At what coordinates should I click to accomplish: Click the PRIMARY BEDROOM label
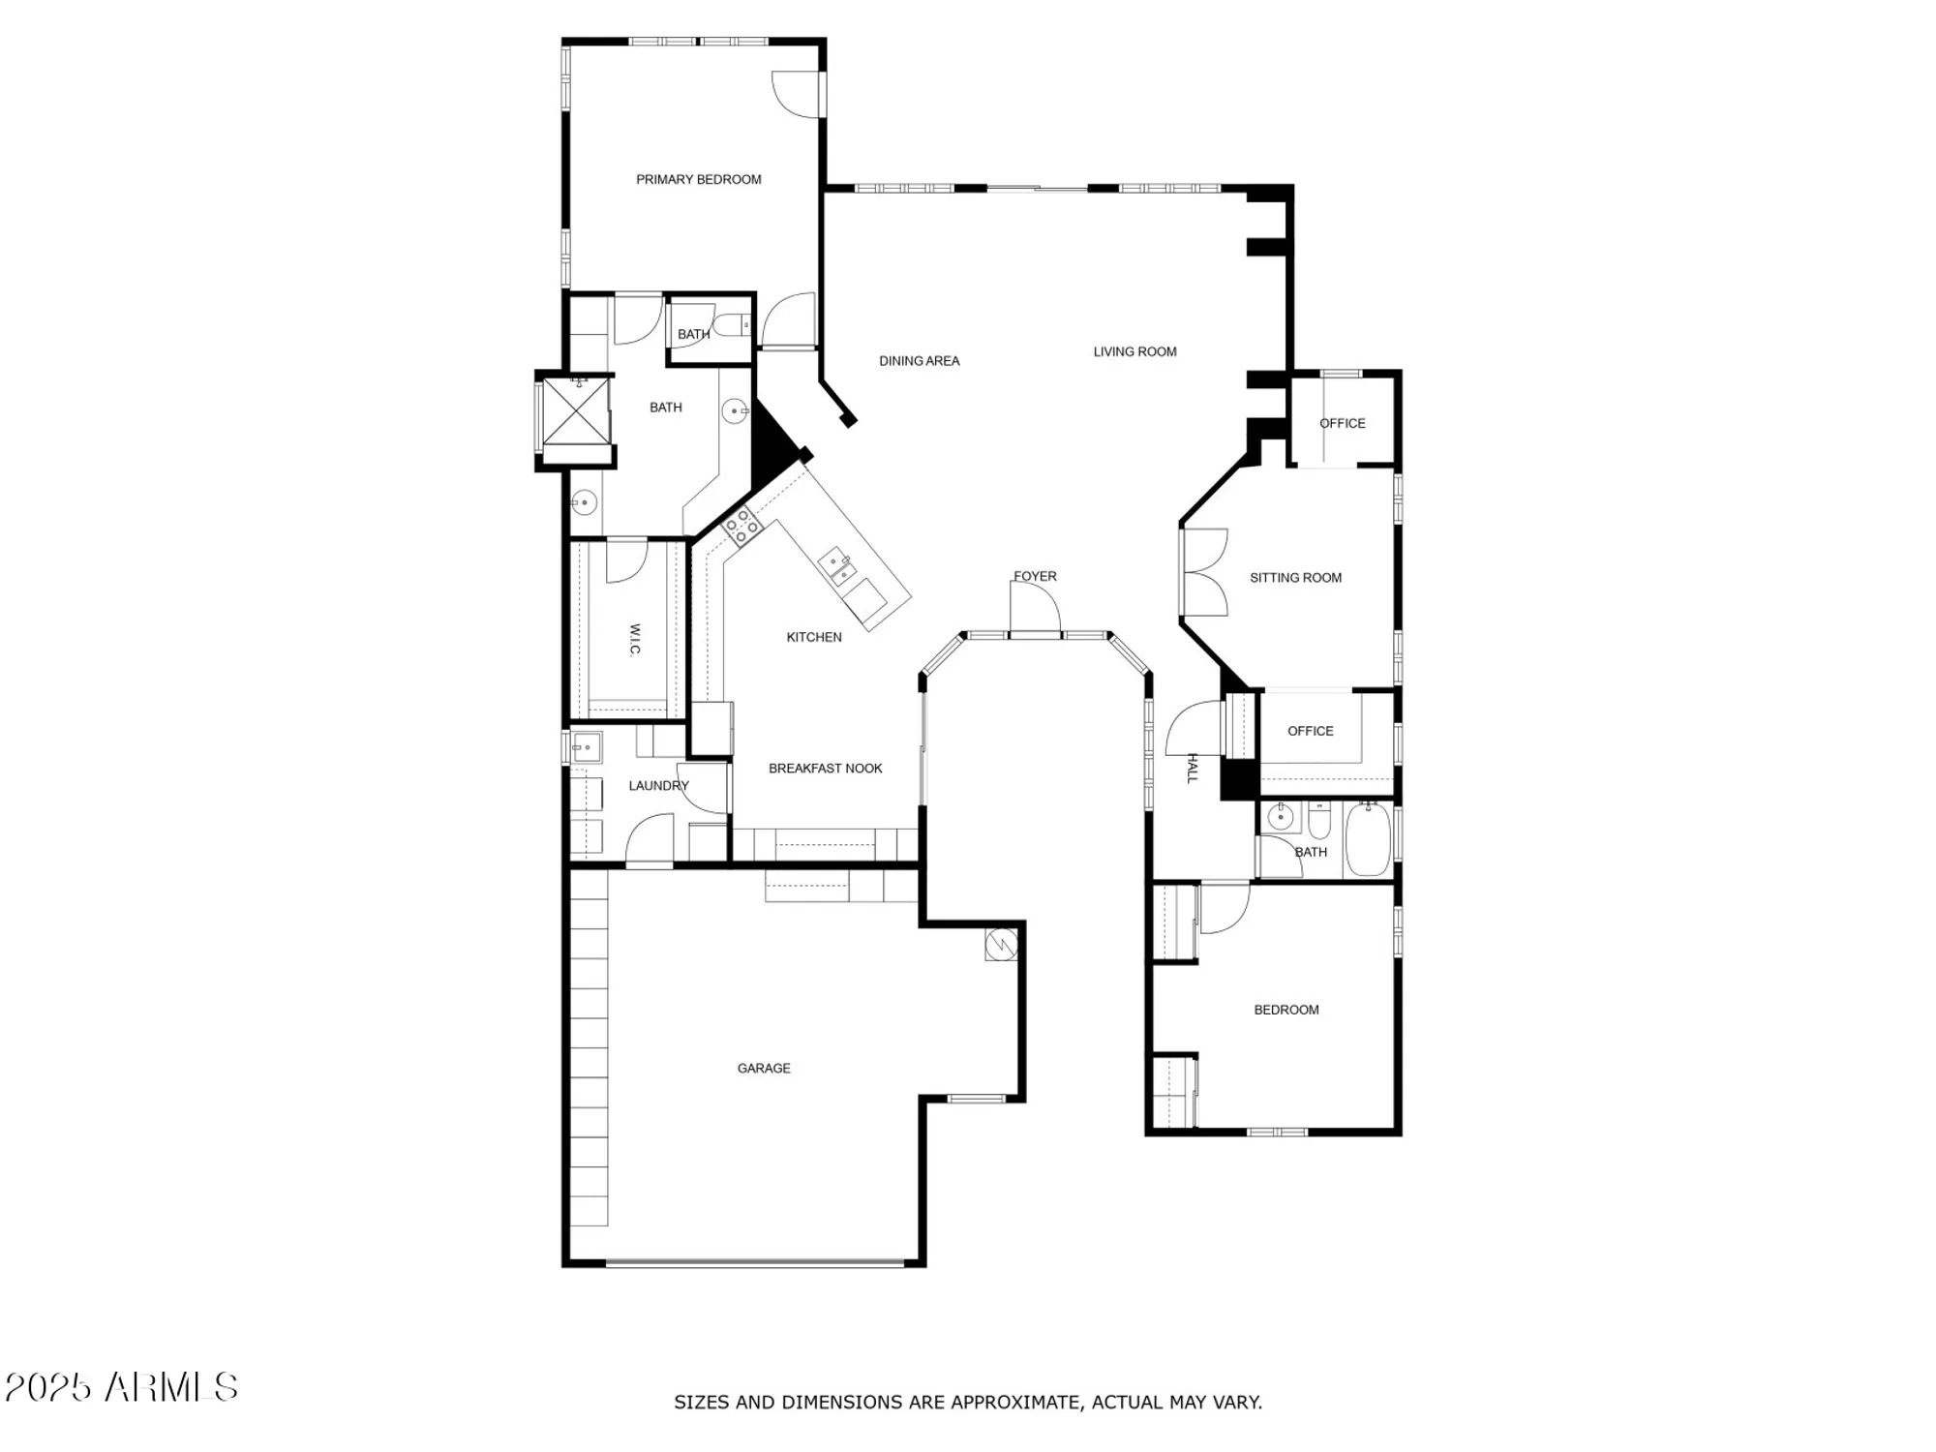coord(698,179)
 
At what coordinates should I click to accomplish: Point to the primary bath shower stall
coord(576,411)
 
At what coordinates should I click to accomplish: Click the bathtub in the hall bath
coord(1368,840)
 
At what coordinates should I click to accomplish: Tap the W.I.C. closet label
coord(635,639)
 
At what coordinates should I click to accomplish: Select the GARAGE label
coord(764,1068)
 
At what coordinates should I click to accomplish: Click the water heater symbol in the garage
coord(1001,944)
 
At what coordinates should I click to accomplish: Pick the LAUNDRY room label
coord(658,785)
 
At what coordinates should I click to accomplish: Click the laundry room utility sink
coord(585,747)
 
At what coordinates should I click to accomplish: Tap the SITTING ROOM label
coord(1295,578)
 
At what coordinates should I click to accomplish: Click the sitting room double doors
coord(1204,572)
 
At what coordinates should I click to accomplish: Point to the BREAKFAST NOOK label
coord(825,769)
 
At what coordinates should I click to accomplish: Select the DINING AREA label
coord(919,361)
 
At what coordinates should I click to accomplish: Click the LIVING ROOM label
coord(1134,351)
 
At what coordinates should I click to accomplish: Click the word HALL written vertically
coord(1193,769)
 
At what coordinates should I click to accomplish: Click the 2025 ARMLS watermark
coord(121,1388)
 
